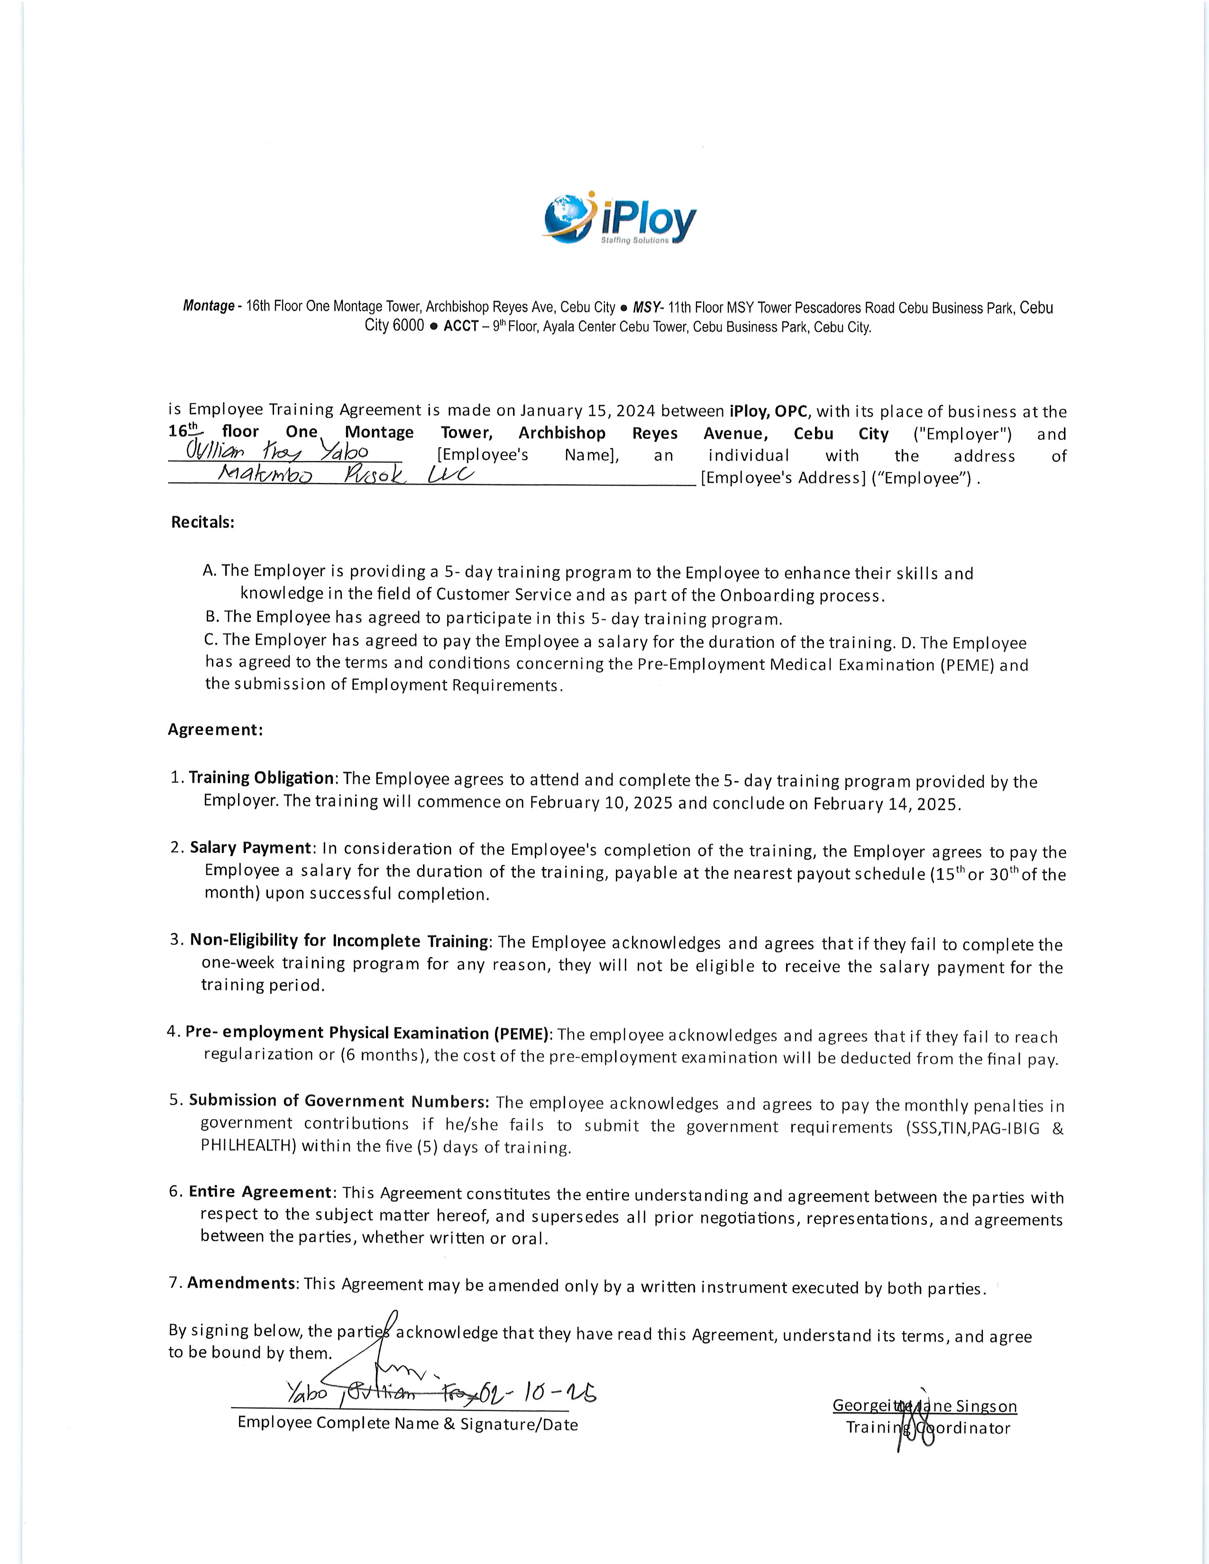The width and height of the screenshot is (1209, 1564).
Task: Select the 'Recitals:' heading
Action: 203,522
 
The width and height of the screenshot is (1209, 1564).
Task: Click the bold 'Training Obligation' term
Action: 261,778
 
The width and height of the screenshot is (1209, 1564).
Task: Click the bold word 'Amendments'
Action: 241,1282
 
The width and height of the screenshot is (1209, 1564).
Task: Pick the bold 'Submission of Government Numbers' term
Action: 339,1100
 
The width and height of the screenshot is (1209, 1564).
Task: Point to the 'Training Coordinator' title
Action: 927,1427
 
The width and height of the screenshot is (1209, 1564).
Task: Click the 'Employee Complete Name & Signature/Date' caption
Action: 408,1424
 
